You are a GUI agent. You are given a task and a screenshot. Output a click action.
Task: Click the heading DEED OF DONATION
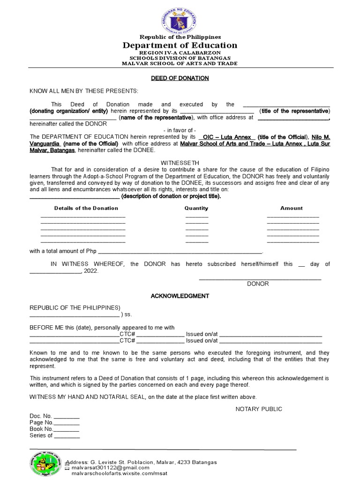pos(180,78)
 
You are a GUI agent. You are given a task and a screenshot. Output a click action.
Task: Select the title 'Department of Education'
pos(180,45)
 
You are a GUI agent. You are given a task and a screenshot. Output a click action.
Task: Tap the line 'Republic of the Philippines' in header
pos(180,37)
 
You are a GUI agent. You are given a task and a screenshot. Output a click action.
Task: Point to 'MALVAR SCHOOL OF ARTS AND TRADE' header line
pos(180,63)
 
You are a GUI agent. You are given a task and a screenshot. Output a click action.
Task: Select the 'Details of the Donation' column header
pos(86,208)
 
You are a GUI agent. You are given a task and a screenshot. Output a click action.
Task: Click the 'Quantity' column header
pos(196,208)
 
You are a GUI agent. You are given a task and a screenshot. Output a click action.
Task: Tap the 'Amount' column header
pos(292,208)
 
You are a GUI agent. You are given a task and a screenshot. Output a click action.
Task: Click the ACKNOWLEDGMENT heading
pos(180,296)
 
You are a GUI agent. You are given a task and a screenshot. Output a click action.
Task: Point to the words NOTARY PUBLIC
pos(259,409)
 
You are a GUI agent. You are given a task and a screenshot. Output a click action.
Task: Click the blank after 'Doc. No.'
pos(67,417)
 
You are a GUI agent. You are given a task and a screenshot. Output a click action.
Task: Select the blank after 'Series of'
pos(67,436)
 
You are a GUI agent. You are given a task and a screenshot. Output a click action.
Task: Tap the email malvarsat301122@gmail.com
pos(110,468)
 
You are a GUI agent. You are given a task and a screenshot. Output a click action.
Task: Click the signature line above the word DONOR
pos(260,279)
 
